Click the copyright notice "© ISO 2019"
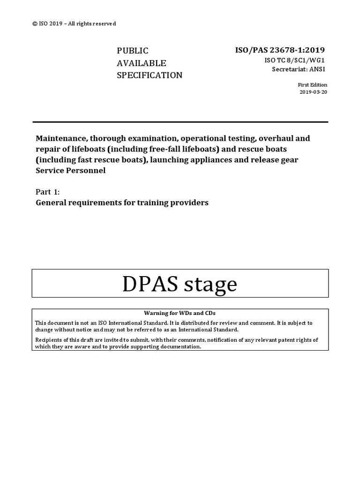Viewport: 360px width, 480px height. click(49, 23)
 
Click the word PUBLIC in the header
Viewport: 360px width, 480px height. click(132, 51)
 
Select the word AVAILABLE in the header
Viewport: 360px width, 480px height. click(141, 63)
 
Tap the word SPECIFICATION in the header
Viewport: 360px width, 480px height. click(149, 75)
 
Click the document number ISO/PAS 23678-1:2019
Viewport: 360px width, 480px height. click(279, 50)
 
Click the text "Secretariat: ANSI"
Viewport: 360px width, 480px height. click(299, 69)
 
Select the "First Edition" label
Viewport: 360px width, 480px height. click(313, 85)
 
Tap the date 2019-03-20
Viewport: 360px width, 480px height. click(313, 92)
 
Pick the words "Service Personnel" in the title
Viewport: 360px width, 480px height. click(71, 171)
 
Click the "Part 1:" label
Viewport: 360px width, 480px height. click(48, 192)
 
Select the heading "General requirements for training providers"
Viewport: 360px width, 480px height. click(122, 202)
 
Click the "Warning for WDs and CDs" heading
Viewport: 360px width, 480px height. click(180, 313)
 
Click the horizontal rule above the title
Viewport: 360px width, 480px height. click(180, 122)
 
